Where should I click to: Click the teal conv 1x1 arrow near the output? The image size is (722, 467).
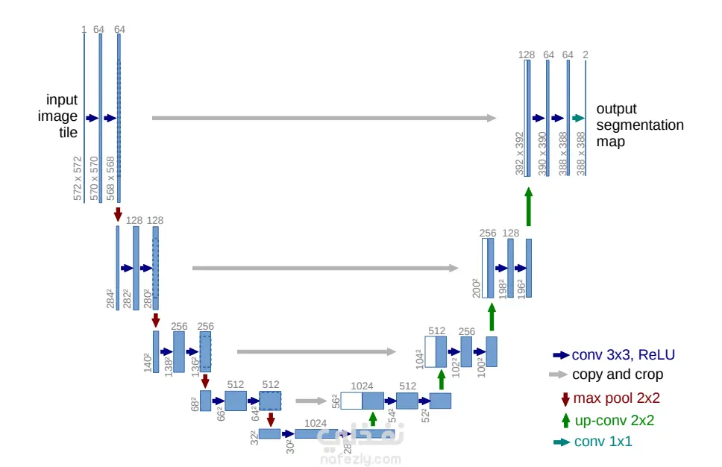[578, 119]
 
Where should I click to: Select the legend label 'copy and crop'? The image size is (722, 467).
[618, 374]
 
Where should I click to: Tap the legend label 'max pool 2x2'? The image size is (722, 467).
[617, 398]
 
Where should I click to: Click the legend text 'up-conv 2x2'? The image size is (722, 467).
[615, 420]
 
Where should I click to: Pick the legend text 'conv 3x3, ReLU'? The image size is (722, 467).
[623, 354]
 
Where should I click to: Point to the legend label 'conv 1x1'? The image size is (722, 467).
[603, 441]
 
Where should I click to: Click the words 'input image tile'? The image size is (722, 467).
[58, 116]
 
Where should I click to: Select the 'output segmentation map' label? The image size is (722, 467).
[639, 125]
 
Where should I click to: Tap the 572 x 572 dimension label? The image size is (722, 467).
[78, 178]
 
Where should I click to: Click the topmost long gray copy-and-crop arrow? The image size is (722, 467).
[324, 118]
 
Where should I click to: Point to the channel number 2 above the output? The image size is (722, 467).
[586, 54]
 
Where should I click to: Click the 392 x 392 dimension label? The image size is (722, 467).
[519, 154]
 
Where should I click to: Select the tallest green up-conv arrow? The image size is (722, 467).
[529, 207]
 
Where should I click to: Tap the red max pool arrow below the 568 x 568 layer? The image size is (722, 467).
[118, 214]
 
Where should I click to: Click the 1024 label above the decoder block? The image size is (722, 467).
[362, 386]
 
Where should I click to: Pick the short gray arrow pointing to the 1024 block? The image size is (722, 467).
[311, 401]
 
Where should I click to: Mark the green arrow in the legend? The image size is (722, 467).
[566, 421]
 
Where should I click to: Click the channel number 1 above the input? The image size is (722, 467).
[84, 30]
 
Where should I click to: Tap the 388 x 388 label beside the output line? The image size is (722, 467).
[580, 154]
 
